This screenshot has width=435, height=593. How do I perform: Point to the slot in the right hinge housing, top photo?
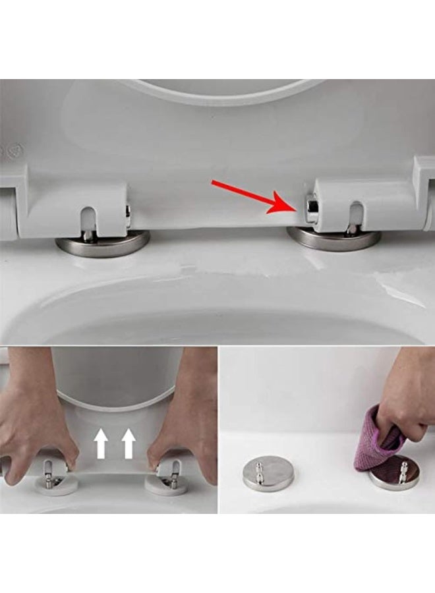pyautogui.click(x=355, y=215)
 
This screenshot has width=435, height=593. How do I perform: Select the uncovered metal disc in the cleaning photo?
pyautogui.click(x=268, y=476)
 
